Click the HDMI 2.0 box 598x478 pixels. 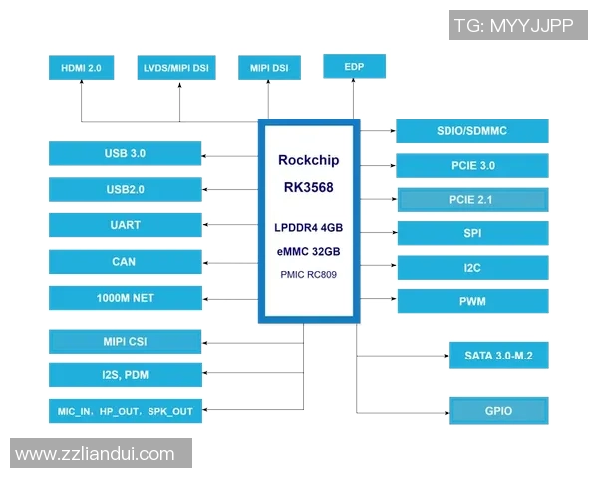pyautogui.click(x=81, y=68)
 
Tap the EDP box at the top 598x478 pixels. pyautogui.click(x=354, y=66)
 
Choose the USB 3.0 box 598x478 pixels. pyautogui.click(x=125, y=154)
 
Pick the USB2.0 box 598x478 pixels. pyautogui.click(x=125, y=189)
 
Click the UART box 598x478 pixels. pyautogui.click(x=125, y=225)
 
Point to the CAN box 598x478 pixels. pyautogui.click(x=125, y=262)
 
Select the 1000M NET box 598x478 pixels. pyautogui.click(x=125, y=298)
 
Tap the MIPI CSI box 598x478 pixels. pyautogui.click(x=125, y=342)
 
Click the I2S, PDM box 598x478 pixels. pyautogui.click(x=125, y=375)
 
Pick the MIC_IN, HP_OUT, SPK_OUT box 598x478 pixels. pyautogui.click(x=125, y=411)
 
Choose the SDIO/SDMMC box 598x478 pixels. pyautogui.click(x=471, y=131)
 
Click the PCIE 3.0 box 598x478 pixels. pyautogui.click(x=471, y=166)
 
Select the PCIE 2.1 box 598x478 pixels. pyautogui.click(x=471, y=200)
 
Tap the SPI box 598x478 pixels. pyautogui.click(x=471, y=234)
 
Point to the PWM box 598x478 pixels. pyautogui.click(x=471, y=301)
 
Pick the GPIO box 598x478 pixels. pyautogui.click(x=498, y=410)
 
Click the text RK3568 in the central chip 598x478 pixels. pyautogui.click(x=308, y=187)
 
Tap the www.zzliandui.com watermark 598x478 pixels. pyautogui.click(x=96, y=454)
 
